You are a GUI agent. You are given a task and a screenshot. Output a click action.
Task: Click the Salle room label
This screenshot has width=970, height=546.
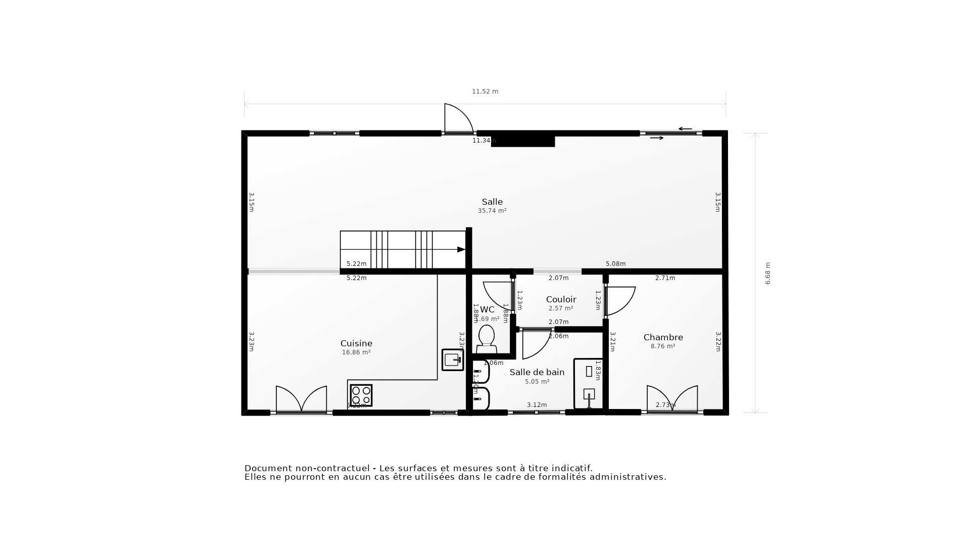coord(492,202)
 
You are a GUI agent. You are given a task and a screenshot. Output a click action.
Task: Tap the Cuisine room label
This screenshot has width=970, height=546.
coord(356,343)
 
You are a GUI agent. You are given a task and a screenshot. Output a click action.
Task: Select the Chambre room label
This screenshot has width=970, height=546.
coord(663,337)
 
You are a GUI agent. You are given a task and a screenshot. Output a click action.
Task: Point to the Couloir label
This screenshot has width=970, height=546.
coord(561,299)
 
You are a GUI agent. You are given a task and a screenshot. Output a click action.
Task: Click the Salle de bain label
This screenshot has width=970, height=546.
coord(537,372)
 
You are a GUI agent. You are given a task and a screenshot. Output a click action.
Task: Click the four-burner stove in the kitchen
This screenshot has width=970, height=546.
coord(361,395)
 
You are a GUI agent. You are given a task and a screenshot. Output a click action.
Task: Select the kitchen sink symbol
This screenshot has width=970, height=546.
coord(452,360)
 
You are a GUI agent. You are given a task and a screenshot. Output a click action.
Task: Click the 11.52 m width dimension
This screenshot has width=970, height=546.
coord(485,92)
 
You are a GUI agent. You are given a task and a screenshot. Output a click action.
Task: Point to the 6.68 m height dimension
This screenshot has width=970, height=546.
coord(767,273)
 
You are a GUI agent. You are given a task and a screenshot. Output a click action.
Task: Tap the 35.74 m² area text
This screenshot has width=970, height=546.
coord(492,211)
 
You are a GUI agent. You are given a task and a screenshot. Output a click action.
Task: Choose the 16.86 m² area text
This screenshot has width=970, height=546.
coord(356,352)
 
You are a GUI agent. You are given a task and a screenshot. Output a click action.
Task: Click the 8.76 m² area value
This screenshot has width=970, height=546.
coord(663,346)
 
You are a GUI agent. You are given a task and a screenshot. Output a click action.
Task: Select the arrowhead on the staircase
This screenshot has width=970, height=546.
coord(461,249)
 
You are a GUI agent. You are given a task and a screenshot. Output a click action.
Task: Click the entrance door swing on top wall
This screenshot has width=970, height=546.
coord(457,119)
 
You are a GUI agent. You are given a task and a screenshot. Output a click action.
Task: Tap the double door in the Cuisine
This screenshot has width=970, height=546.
coord(301,399)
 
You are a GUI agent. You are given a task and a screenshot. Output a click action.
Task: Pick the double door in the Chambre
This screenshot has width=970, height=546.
coord(672,399)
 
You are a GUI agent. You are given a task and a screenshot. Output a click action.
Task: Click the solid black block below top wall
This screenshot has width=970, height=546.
coord(523,141)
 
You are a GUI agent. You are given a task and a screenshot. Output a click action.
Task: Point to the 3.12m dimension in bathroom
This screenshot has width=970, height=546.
coord(537,405)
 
